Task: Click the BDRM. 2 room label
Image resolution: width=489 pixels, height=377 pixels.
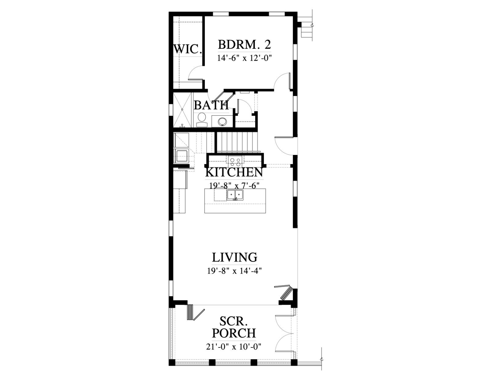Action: point(244,45)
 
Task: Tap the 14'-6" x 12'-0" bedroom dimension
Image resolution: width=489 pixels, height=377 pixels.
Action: point(244,58)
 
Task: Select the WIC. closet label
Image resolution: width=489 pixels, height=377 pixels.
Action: point(187,49)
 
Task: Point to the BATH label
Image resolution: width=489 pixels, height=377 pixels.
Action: point(211,105)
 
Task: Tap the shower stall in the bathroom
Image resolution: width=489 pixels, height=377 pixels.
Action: point(182,110)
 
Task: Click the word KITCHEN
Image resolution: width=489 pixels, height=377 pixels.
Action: point(234,172)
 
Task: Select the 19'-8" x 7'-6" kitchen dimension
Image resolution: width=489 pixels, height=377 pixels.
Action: point(234,185)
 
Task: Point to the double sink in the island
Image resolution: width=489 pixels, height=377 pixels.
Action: point(235,195)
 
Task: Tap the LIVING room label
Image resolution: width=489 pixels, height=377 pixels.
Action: point(234,257)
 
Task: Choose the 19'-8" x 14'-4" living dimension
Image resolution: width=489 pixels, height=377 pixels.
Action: point(234,271)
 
